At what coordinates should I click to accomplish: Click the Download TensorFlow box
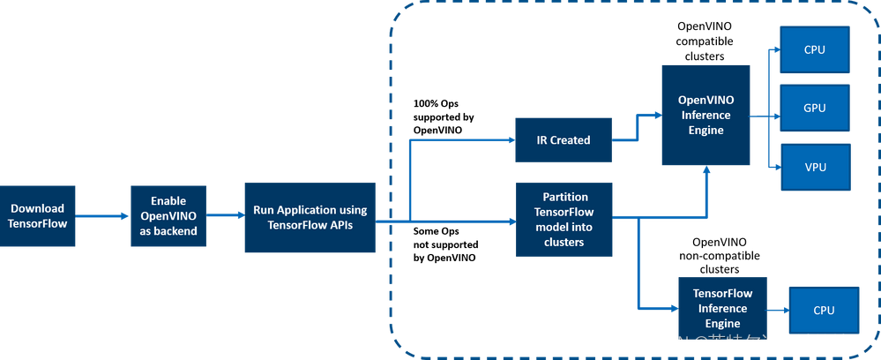click(37, 215)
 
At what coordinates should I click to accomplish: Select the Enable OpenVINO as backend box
click(168, 215)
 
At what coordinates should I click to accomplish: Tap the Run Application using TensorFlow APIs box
click(310, 217)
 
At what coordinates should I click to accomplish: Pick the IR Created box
click(564, 139)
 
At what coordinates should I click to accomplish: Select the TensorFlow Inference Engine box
click(721, 309)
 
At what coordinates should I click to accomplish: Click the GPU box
click(814, 108)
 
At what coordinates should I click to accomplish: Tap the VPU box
click(814, 167)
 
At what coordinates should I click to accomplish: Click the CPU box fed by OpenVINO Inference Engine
click(814, 49)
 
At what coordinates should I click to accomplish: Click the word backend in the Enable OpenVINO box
click(168, 231)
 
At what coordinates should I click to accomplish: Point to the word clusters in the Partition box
click(564, 242)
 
